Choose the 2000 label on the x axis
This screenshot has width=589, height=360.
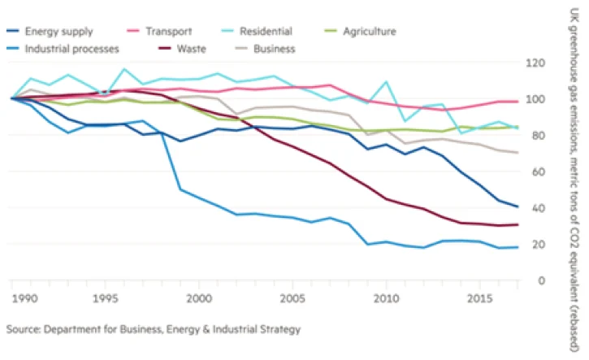[x=198, y=298]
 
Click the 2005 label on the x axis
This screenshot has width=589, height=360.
[x=290, y=298]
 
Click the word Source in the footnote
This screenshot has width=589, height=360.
[x=24, y=331]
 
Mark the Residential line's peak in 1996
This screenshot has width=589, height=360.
[x=123, y=69]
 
